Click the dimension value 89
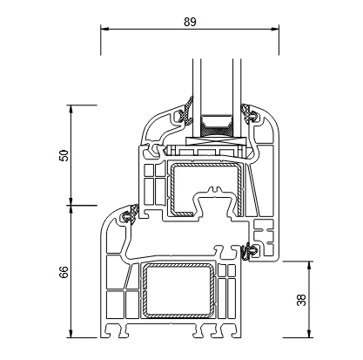tap(190, 22)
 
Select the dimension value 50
tap(64, 155)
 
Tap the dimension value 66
tap(64, 272)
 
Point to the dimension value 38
tap(301, 300)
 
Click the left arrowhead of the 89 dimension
tap(104, 29)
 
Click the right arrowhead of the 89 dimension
tap(275, 29)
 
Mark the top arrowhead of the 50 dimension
tap(71, 109)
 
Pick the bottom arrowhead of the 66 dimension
tap(71, 334)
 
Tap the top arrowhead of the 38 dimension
tap(309, 265)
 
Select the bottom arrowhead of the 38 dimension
tap(309, 334)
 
